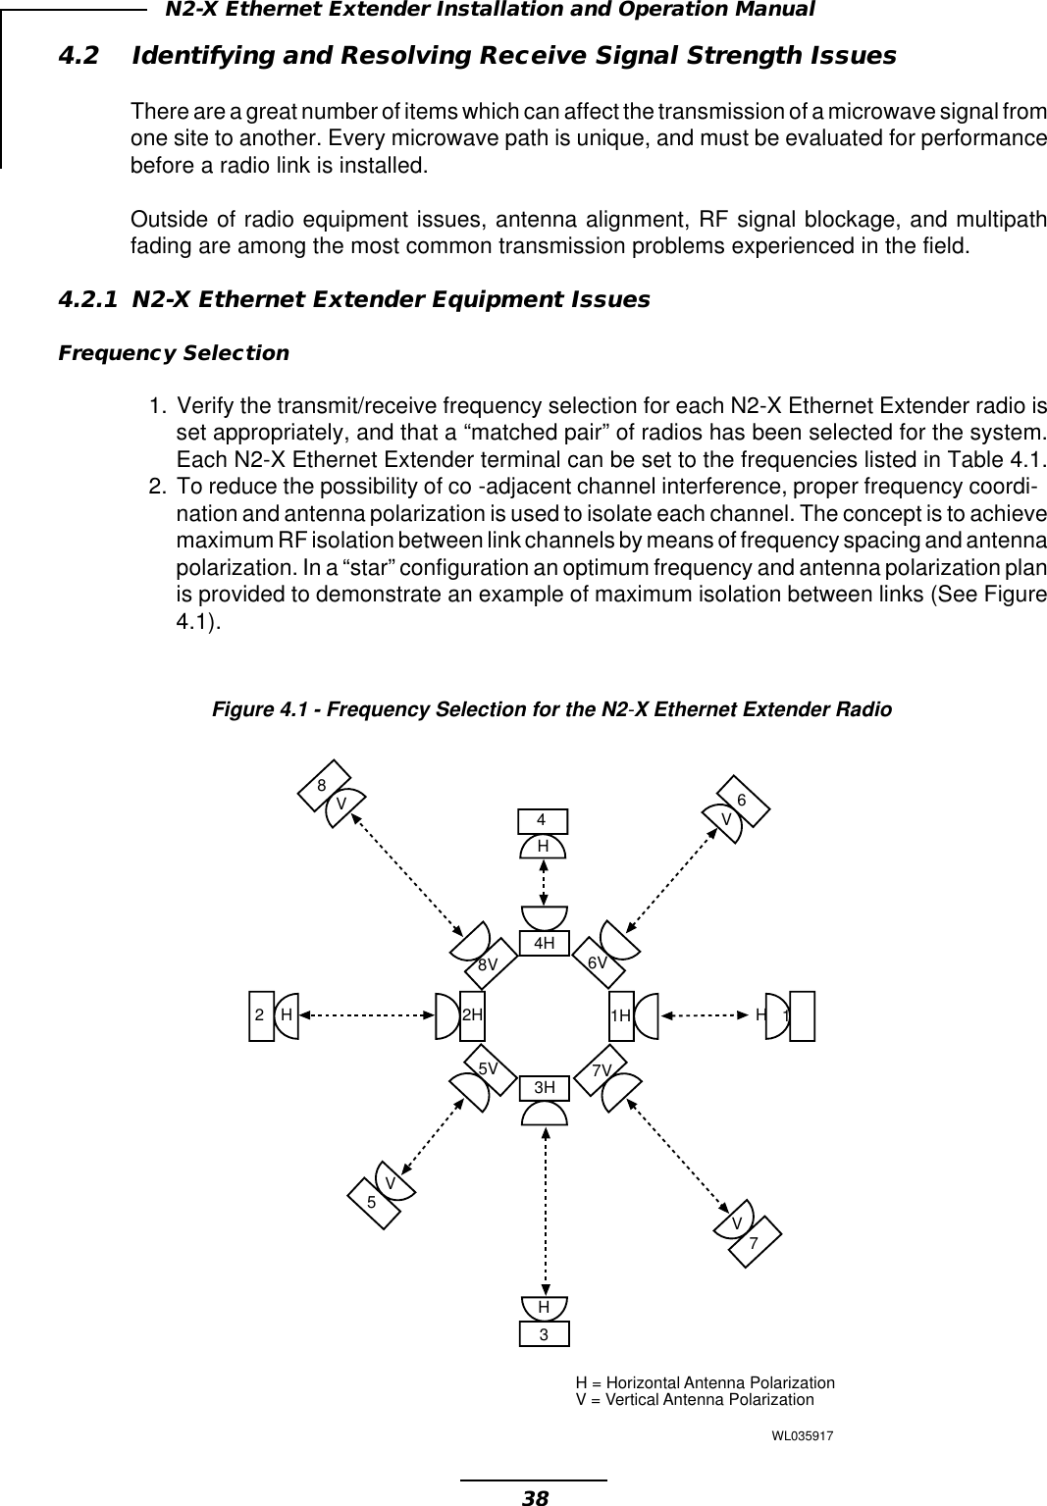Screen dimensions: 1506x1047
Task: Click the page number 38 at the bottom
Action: [x=535, y=1496]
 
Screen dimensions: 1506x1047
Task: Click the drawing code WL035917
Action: [x=803, y=1436]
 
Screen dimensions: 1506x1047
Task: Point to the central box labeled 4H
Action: [x=545, y=943]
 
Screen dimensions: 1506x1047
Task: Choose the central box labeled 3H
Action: [x=545, y=1087]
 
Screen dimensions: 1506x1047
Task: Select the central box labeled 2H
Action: [x=473, y=1014]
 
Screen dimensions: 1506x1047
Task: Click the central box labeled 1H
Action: [x=620, y=1014]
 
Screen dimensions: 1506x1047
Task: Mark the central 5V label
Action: [x=488, y=1065]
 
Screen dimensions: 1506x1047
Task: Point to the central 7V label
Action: [x=602, y=1067]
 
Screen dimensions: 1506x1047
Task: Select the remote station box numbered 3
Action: [x=544, y=1334]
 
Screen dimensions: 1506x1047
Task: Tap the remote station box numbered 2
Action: [x=260, y=1014]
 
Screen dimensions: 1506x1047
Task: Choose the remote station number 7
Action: [x=754, y=1243]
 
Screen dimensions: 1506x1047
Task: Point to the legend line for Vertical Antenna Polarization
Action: [x=695, y=1399]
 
